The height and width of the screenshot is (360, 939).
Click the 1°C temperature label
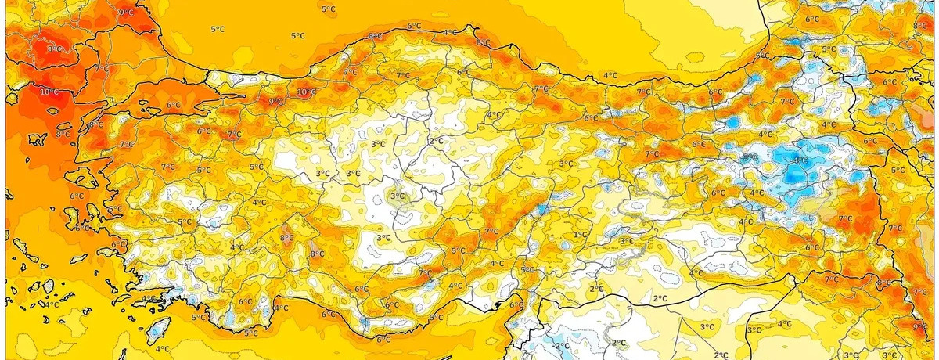point(580,234)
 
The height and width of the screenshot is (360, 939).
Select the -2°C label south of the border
point(560,345)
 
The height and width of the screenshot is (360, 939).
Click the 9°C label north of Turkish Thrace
point(125,13)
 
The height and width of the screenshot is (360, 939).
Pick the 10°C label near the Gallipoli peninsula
point(49,92)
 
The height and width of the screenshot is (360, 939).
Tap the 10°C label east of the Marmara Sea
point(307,92)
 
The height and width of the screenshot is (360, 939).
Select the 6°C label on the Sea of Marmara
point(173,105)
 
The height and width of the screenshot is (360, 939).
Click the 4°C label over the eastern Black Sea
point(610,75)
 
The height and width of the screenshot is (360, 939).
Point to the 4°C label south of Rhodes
point(162,349)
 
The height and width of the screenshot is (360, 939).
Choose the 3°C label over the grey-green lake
point(398,196)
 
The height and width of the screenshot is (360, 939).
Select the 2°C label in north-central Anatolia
point(436,141)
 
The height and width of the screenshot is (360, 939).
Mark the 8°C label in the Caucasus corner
point(919,26)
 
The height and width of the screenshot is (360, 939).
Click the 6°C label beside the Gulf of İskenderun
point(516,305)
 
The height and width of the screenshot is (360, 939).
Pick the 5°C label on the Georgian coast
point(761,56)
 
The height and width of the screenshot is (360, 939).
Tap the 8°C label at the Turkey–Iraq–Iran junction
point(885,283)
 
